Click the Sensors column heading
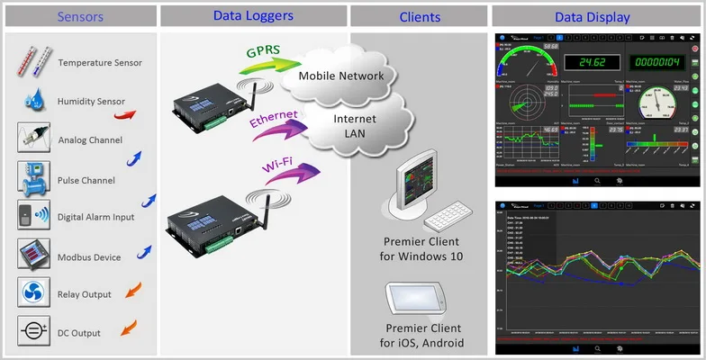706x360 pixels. tap(80, 16)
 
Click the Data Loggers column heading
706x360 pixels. tap(253, 15)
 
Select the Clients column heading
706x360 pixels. tap(420, 16)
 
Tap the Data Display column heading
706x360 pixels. tap(593, 16)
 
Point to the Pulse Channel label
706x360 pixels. tap(86, 180)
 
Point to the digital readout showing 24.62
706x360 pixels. tap(592, 63)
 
